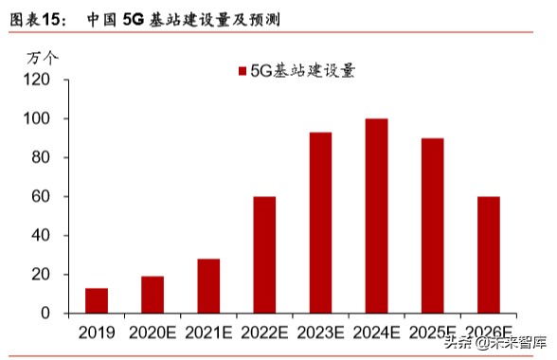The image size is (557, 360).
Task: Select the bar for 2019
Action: [x=97, y=300]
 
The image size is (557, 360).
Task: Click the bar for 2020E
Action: [x=153, y=295]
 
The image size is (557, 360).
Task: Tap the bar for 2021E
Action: [x=208, y=285]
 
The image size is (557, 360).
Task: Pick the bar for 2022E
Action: [x=264, y=255]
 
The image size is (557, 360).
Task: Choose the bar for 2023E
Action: [x=320, y=223]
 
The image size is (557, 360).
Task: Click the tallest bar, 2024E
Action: [x=376, y=216]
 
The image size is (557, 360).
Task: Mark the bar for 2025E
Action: [x=432, y=225]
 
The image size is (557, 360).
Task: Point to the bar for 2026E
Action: [x=488, y=255]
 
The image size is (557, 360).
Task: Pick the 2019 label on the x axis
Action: [x=97, y=333]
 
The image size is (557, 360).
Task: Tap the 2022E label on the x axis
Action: [x=264, y=333]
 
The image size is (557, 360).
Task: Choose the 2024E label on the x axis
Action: [x=376, y=333]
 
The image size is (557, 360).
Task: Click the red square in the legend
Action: [x=242, y=72]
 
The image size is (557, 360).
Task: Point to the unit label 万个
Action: [x=42, y=58]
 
